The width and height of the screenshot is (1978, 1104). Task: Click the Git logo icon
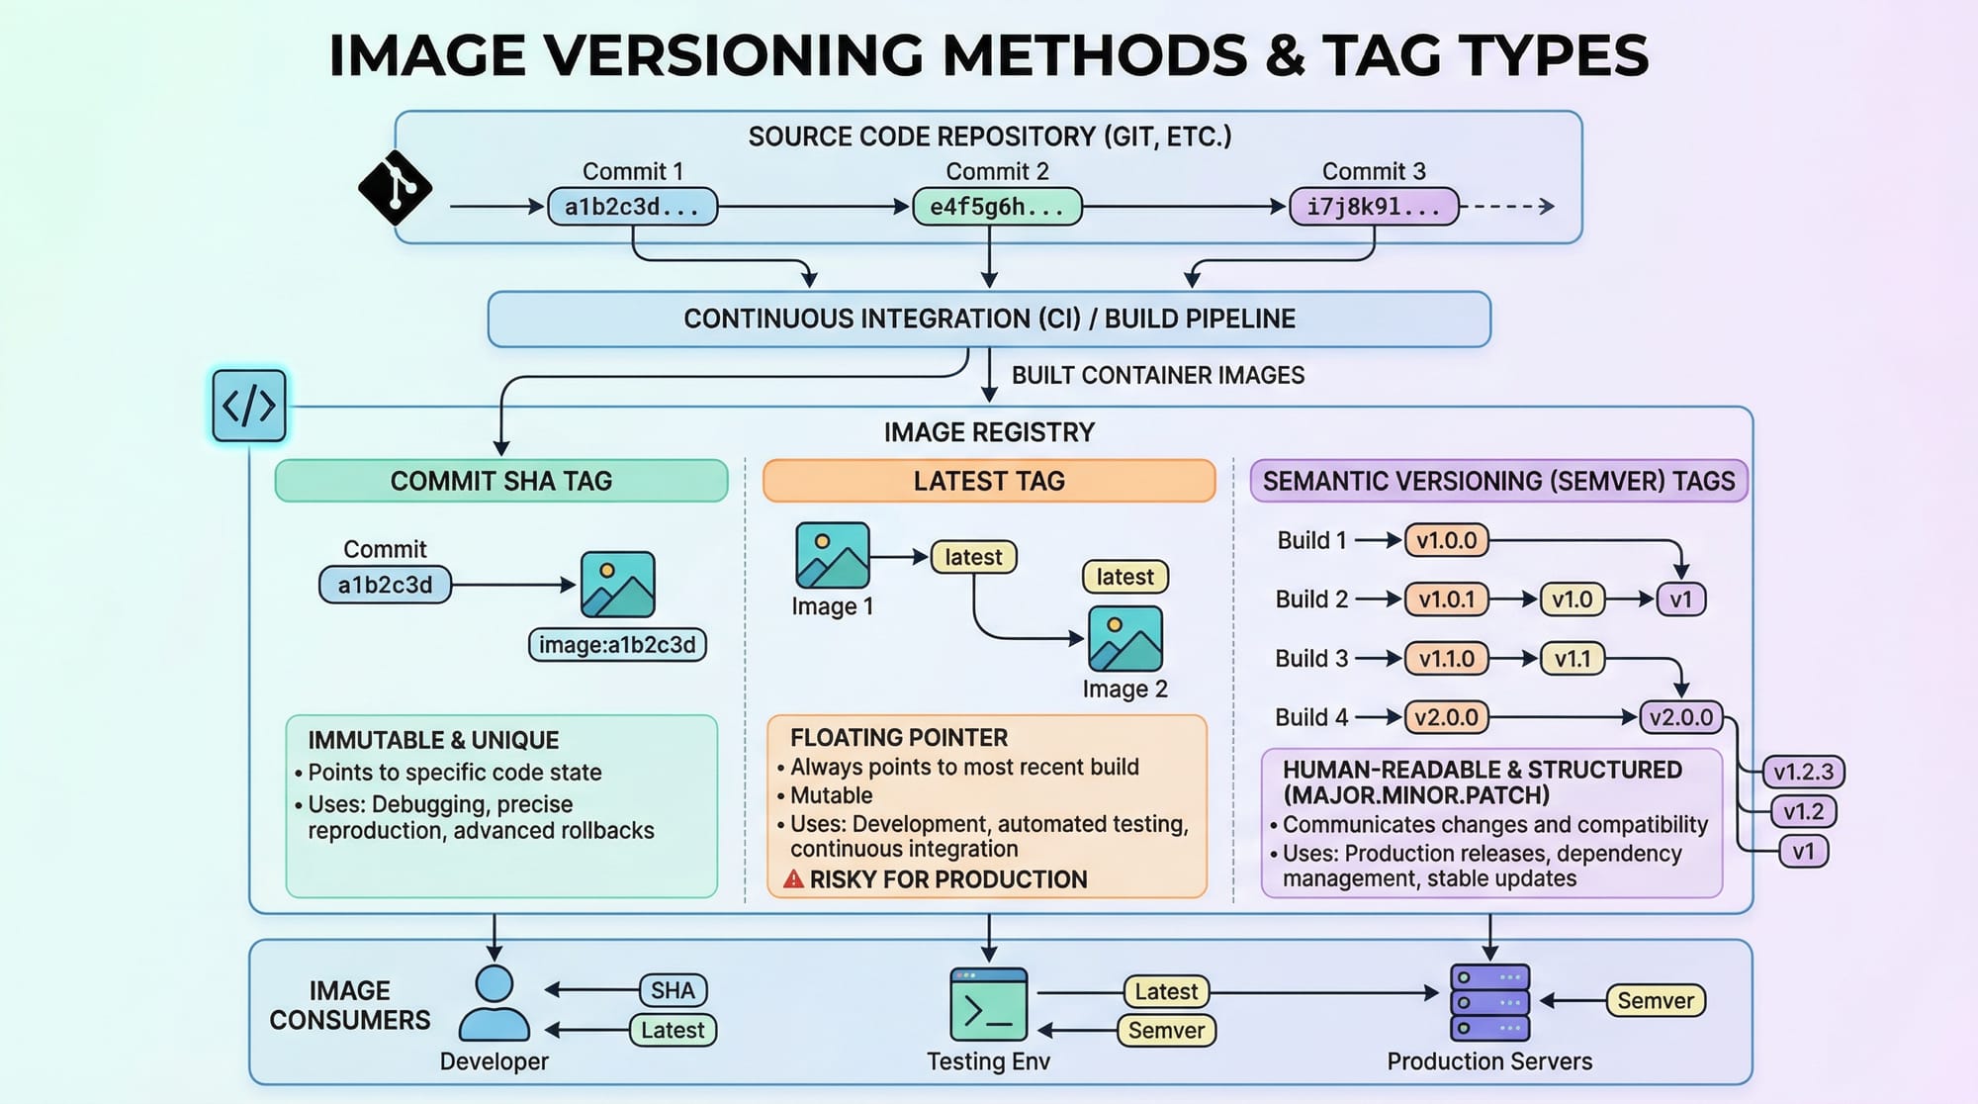pyautogui.click(x=395, y=187)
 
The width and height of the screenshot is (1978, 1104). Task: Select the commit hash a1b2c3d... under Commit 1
pyautogui.click(x=632, y=207)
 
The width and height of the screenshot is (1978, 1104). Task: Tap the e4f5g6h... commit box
pyautogui.click(x=996, y=207)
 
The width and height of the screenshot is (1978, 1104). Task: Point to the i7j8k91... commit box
pyautogui.click(x=1374, y=207)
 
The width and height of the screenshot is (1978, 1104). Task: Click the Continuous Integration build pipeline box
pyautogui.click(x=989, y=319)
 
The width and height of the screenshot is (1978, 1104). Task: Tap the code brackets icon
pyautogui.click(x=249, y=406)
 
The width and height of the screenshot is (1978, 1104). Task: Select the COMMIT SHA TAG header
pyautogui.click(x=501, y=481)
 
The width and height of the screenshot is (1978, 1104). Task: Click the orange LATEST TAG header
pyautogui.click(x=989, y=481)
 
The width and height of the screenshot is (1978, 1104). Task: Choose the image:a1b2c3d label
pyautogui.click(x=617, y=645)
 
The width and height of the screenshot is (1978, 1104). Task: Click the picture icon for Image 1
pyautogui.click(x=833, y=556)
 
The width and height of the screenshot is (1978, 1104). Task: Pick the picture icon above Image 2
pyautogui.click(x=1125, y=639)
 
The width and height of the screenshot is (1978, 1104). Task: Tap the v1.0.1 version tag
pyautogui.click(x=1446, y=599)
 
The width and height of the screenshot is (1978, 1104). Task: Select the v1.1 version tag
pyautogui.click(x=1572, y=659)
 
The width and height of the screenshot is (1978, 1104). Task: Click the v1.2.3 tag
pyautogui.click(x=1803, y=772)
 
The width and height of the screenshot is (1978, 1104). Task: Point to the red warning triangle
pyautogui.click(x=793, y=878)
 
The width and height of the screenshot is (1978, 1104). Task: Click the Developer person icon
pyautogui.click(x=494, y=1003)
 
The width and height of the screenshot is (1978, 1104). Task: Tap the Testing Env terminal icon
pyautogui.click(x=988, y=1005)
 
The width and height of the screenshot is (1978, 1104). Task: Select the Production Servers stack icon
pyautogui.click(x=1489, y=1002)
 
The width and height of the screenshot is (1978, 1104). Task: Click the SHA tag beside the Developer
pyautogui.click(x=673, y=990)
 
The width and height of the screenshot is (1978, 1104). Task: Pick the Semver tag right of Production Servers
pyautogui.click(x=1656, y=1001)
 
